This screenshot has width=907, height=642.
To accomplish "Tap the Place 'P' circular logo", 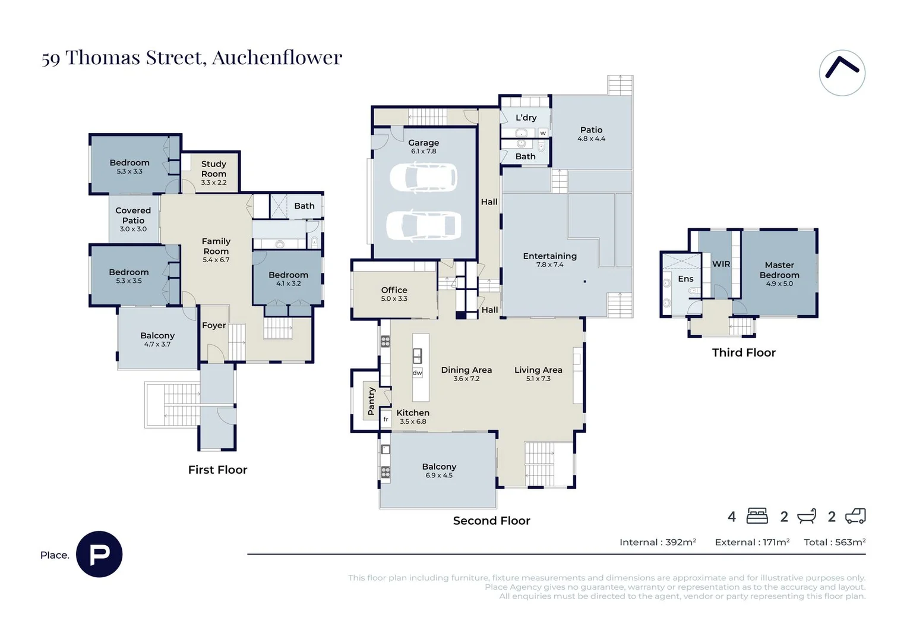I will (x=99, y=554).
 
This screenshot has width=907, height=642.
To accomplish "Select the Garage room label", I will (x=424, y=143).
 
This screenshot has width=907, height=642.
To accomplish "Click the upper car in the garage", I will (x=424, y=177).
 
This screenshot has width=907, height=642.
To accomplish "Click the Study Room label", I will (x=214, y=169).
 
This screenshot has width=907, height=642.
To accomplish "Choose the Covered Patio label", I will (x=133, y=215).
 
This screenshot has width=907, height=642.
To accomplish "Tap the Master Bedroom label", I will (x=779, y=270).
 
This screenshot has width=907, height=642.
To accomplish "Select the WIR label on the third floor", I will (x=721, y=264).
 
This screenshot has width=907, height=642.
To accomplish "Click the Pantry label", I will (x=371, y=401).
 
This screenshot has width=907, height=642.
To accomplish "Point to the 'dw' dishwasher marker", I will (x=418, y=373).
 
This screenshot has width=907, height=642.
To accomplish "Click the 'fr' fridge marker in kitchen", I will (x=385, y=419).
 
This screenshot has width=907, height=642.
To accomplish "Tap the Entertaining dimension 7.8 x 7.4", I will (x=549, y=265).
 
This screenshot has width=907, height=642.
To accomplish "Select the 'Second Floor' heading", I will (x=491, y=521).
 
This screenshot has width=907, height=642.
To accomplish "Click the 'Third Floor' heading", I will (x=744, y=353).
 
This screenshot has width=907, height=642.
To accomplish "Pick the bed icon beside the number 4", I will (x=757, y=516).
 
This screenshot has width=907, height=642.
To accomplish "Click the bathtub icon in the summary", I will (x=807, y=516).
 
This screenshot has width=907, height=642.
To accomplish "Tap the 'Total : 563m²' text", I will (x=835, y=542).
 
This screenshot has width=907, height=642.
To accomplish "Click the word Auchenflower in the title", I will (x=277, y=58).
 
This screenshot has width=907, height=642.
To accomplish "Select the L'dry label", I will (x=526, y=118).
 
